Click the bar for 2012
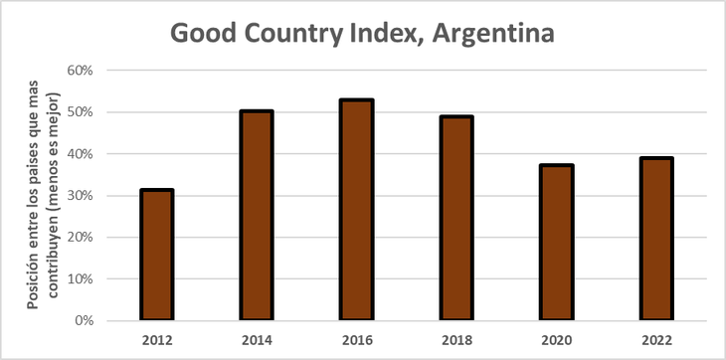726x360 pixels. click(x=157, y=255)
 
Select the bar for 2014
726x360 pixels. click(x=257, y=216)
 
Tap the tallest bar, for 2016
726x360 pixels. click(x=357, y=210)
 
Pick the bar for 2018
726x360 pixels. click(x=456, y=218)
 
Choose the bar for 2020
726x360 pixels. click(x=556, y=243)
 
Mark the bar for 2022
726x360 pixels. click(x=656, y=239)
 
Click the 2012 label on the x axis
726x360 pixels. click(x=157, y=339)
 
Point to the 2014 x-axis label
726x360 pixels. click(x=257, y=339)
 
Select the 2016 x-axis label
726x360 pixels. click(x=357, y=339)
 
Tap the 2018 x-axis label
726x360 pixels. click(x=456, y=339)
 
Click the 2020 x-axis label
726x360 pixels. click(x=556, y=339)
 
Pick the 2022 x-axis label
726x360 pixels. click(x=656, y=339)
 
